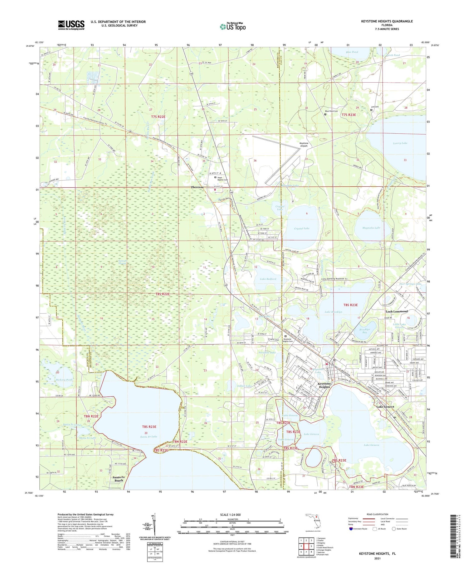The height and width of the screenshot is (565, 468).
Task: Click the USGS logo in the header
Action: (x=71, y=25)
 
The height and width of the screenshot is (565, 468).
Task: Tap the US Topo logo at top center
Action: (x=232, y=26)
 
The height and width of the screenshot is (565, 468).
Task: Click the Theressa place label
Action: (x=197, y=187)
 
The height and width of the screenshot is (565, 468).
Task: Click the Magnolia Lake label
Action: (x=371, y=228)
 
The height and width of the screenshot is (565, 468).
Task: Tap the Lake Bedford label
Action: (x=268, y=279)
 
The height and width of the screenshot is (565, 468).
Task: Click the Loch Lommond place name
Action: (x=397, y=311)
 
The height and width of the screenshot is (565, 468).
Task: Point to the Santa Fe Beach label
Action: (x=119, y=479)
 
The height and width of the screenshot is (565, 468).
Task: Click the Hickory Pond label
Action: (x=65, y=380)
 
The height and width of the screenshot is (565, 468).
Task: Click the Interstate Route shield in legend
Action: (x=351, y=529)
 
